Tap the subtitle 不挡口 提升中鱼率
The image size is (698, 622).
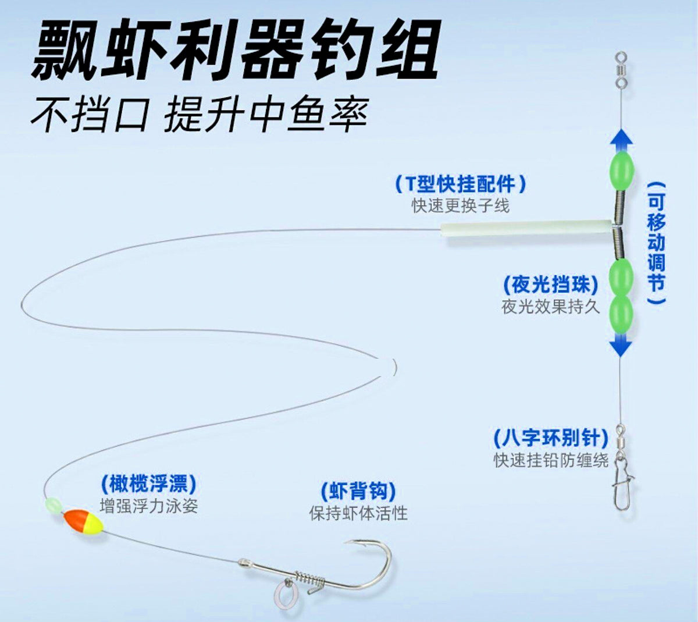point(200,114)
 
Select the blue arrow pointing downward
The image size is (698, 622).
point(620,344)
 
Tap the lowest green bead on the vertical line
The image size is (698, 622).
point(620,313)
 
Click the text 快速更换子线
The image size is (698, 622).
point(460,206)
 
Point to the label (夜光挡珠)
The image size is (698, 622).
point(550,285)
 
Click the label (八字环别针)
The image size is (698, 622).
point(550,438)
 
